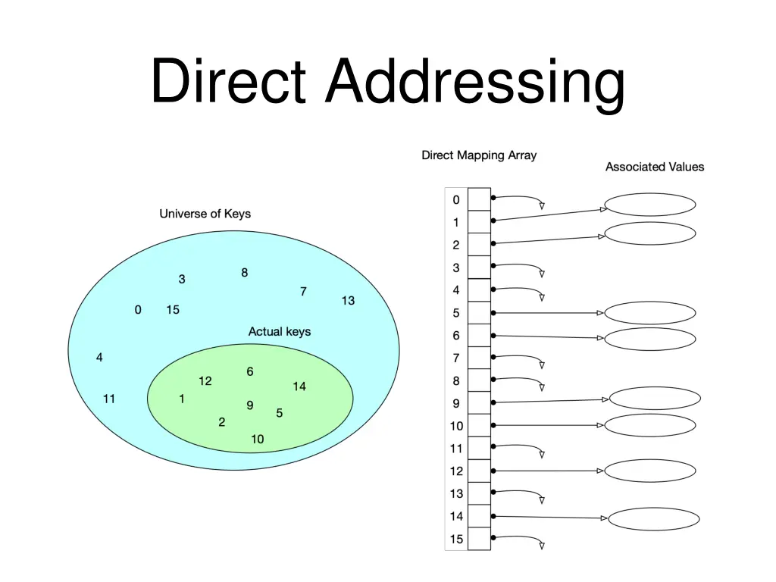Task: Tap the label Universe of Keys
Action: pos(205,214)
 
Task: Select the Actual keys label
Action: pos(279,331)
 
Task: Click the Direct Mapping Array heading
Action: pos(478,155)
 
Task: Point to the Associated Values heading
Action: pos(654,167)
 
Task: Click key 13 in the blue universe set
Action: pos(348,301)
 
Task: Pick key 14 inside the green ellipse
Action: pos(299,386)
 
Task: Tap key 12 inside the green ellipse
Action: pos(205,381)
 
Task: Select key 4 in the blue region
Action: pos(99,358)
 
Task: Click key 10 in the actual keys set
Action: pos(258,439)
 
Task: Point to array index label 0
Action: pos(456,200)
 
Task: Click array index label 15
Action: pos(456,540)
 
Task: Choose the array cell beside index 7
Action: pos(479,358)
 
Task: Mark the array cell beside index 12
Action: pos(479,471)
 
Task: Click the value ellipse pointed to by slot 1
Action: pos(650,205)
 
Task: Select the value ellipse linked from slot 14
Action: pos(653,519)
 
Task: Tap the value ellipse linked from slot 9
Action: pos(655,398)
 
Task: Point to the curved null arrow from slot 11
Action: pos(523,448)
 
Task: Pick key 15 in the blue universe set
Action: pos(173,309)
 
